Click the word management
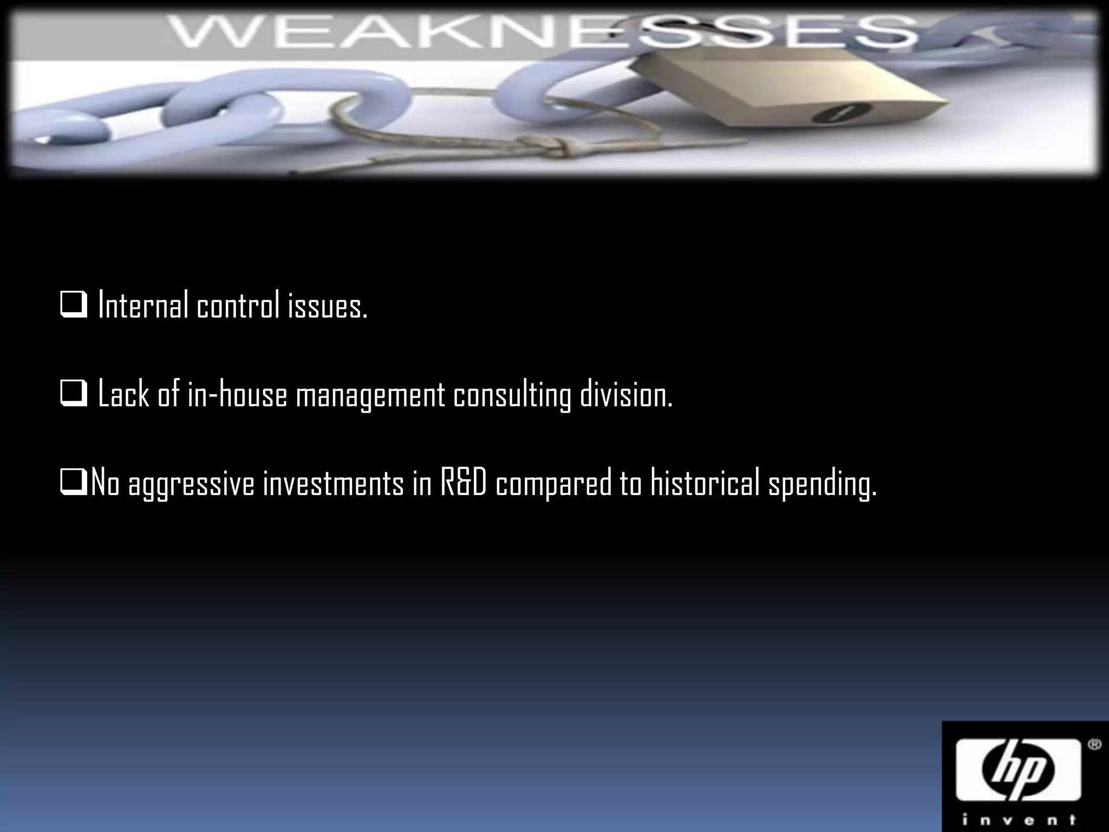(370, 395)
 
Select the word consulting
(512, 395)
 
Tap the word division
(626, 394)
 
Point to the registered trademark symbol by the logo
(1094, 745)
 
